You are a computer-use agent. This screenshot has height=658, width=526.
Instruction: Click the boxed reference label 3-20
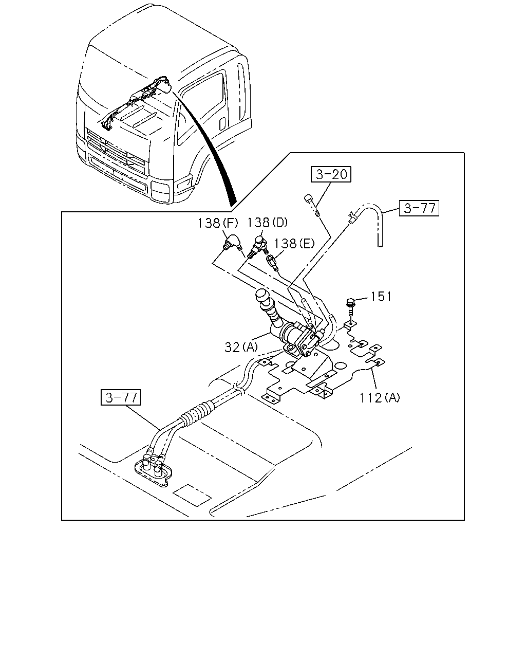pyautogui.click(x=331, y=174)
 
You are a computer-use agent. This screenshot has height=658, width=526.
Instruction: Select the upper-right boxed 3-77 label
pyautogui.click(x=419, y=208)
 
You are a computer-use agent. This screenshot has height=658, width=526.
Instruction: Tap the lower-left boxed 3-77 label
pyautogui.click(x=121, y=397)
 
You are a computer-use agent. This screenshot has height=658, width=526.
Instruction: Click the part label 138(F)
pyautogui.click(x=217, y=223)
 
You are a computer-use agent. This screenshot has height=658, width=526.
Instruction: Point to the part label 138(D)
pyautogui.click(x=267, y=223)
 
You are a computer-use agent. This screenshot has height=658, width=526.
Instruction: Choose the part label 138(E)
pyautogui.click(x=294, y=244)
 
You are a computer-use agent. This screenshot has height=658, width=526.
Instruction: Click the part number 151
pyautogui.click(x=381, y=296)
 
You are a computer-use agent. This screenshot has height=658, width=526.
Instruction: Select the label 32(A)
pyautogui.click(x=241, y=347)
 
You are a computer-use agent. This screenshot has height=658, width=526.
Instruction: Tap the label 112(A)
pyautogui.click(x=379, y=398)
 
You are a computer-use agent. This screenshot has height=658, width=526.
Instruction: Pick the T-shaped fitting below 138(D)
pyautogui.click(x=258, y=247)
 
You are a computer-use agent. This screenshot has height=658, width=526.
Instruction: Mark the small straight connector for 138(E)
pyautogui.click(x=272, y=263)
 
